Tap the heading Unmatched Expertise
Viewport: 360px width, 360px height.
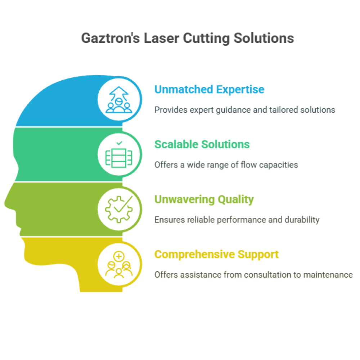tap(209, 89)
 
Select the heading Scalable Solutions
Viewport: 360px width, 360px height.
tap(202, 144)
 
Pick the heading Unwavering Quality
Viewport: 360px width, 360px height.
tap(204, 199)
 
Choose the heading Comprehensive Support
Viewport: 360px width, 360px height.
tap(216, 254)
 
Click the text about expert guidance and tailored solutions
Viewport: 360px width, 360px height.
tap(244, 110)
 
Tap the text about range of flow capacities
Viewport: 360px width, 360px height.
tap(226, 165)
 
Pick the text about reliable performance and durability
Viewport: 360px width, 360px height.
tap(237, 220)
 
